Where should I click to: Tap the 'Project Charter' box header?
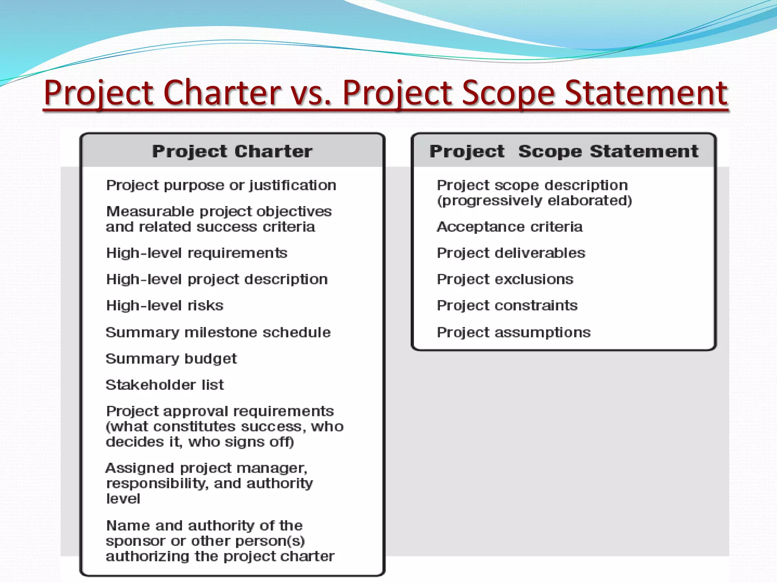pos(232,151)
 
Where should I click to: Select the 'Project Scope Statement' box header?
pos(564,151)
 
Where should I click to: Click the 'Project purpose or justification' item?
pos(221,186)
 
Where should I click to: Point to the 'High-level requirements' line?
pos(197,253)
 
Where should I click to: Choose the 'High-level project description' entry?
pos(217,280)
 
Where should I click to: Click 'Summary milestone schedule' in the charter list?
pos(218,332)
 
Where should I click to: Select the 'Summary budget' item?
pos(171,359)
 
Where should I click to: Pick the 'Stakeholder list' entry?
pos(165,385)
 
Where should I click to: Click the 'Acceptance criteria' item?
pos(510,227)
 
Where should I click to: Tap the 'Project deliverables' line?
pos(511,253)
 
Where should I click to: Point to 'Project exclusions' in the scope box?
pos(505,280)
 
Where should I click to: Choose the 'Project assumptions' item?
pos(514,332)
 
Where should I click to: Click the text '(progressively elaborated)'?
pos(535,201)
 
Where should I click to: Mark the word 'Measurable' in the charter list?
pos(150,211)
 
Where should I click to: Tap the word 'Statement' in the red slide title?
pos(646,93)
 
